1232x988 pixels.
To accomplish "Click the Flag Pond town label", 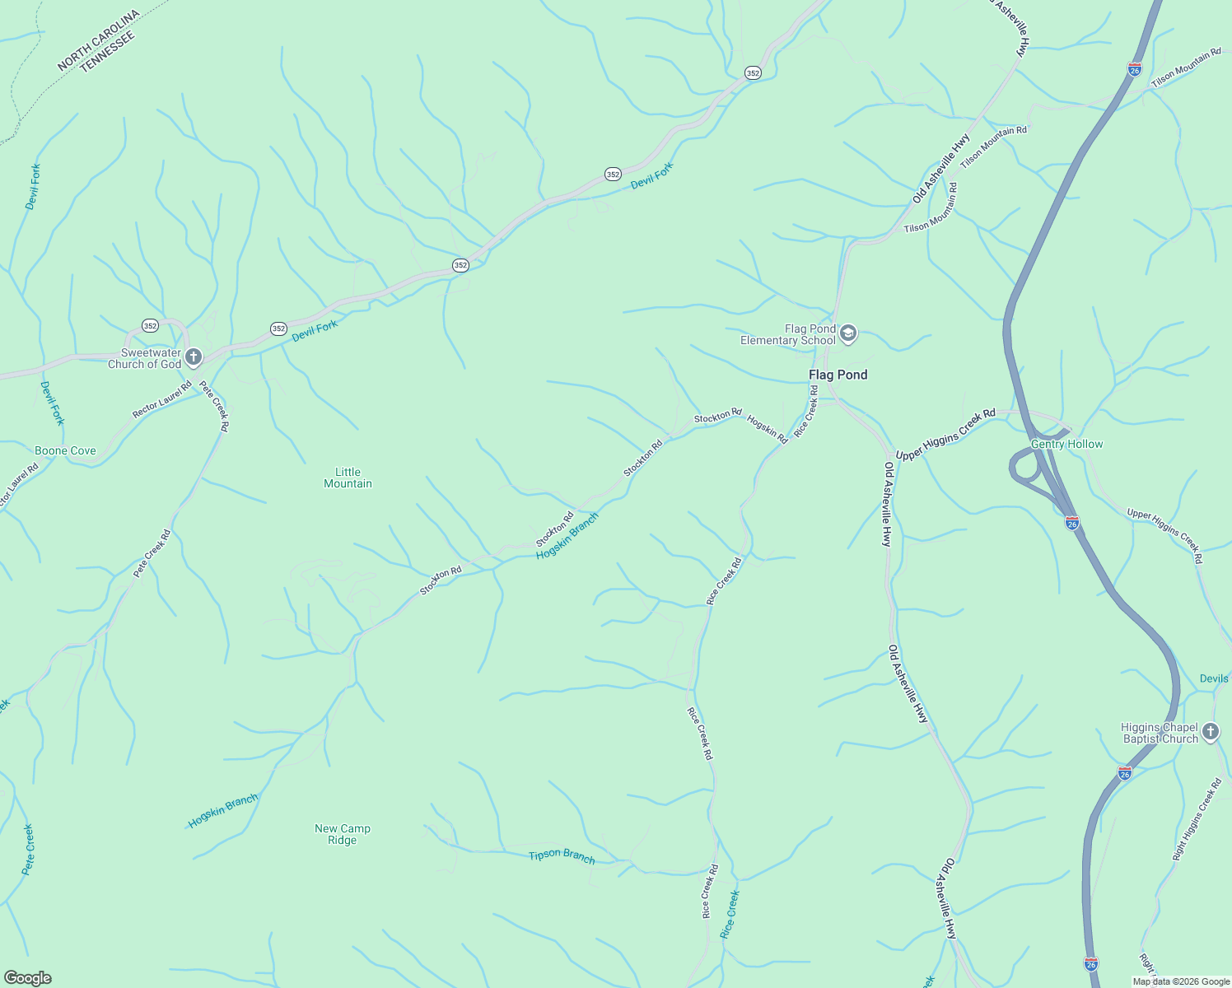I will [x=838, y=375].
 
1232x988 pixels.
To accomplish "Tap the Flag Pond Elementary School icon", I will [x=848, y=334].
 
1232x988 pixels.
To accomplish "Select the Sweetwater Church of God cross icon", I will [x=194, y=357].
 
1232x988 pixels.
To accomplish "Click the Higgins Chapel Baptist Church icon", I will [x=1210, y=732].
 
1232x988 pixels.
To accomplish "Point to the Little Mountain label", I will [x=348, y=478].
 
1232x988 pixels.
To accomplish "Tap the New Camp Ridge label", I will [x=343, y=834].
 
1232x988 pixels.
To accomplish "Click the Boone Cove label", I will [x=65, y=450].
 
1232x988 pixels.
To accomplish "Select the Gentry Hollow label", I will [x=1066, y=444].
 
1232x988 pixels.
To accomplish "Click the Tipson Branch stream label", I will [x=562, y=855].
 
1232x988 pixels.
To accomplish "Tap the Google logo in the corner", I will [x=27, y=978].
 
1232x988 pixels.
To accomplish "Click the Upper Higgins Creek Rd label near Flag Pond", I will [x=945, y=435].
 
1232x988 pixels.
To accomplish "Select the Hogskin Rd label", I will [x=767, y=429].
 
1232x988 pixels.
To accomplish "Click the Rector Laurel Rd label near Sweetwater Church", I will [x=162, y=399].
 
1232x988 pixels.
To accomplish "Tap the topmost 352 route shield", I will [x=753, y=72].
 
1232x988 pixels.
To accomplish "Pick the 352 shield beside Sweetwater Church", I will [x=150, y=325].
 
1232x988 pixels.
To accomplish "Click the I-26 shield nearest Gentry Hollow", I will [x=1071, y=522].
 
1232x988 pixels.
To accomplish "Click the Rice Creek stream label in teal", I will [x=730, y=914].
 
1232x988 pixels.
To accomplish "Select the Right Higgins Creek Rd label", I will [x=1197, y=820].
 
